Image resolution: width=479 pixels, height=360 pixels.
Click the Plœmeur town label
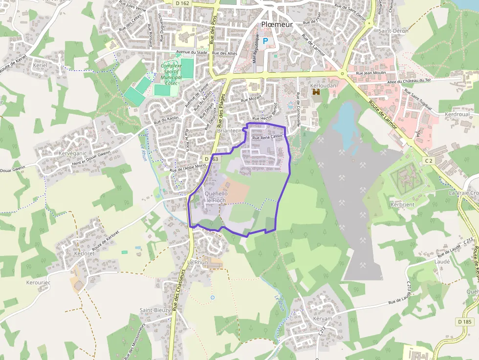[x=277, y=24]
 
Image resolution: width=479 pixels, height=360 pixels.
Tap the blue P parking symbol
[x=265, y=42]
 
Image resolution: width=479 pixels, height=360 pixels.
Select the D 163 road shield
[x=212, y=159]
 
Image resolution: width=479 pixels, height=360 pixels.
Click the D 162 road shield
[x=181, y=3]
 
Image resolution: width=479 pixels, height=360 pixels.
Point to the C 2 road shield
[x=429, y=160]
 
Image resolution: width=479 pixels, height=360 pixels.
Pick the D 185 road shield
[x=465, y=322]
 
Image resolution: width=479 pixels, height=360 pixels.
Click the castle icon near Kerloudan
[x=316, y=92]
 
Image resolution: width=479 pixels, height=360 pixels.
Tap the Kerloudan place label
[x=323, y=85]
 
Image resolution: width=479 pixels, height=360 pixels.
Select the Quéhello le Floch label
[x=216, y=197]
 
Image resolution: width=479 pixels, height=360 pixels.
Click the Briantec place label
[x=227, y=131]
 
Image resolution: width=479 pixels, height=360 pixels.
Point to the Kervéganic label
[x=72, y=153]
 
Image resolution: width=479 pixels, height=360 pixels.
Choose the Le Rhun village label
[x=197, y=262]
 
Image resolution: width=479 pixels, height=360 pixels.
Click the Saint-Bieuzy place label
[x=155, y=310]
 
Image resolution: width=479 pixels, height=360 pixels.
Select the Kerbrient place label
[x=402, y=204]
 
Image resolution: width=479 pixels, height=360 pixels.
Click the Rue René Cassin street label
[x=267, y=137]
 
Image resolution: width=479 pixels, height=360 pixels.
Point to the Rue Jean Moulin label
[x=371, y=73]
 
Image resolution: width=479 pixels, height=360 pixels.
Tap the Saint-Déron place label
[x=393, y=31]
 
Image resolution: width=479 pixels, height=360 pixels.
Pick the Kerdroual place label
[x=457, y=114]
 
